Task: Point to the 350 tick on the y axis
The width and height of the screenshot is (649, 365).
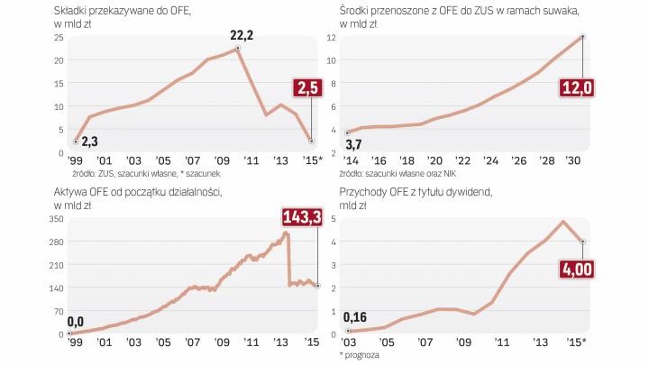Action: coord(56,219)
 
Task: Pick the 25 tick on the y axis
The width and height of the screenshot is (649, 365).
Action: coord(58,37)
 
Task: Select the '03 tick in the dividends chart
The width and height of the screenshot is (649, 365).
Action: coord(348,342)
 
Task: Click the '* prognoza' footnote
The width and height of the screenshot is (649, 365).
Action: coord(361,356)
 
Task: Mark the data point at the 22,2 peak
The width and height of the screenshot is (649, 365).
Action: coord(236,48)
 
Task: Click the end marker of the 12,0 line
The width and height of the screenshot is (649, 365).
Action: coord(583,37)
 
